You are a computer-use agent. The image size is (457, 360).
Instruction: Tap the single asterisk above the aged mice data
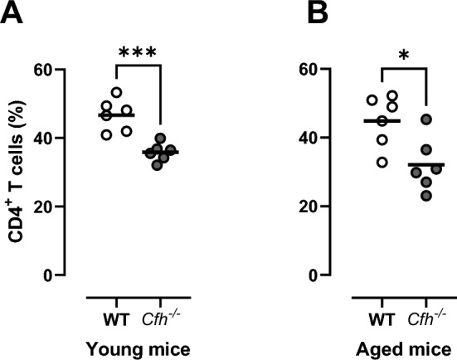click(403, 56)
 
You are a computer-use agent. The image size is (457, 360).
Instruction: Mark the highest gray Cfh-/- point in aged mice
click(426, 119)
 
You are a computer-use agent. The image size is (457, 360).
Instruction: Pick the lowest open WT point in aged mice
click(382, 162)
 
